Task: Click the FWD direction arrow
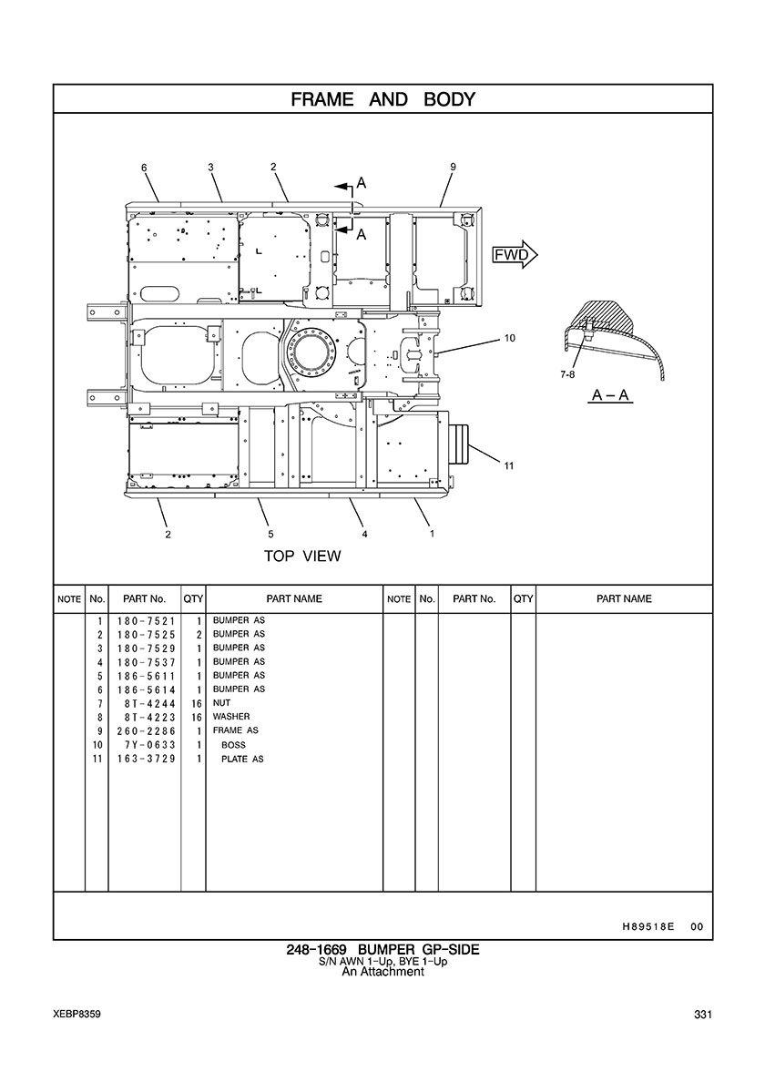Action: (x=515, y=256)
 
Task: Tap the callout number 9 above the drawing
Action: (x=453, y=167)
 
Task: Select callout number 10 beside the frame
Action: (x=510, y=338)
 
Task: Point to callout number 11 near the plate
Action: (x=508, y=465)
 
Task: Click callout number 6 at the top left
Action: (x=144, y=168)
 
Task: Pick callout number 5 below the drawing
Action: (x=271, y=534)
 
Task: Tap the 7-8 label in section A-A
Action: (x=567, y=374)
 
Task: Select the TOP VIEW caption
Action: (x=302, y=556)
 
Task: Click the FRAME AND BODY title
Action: (x=382, y=99)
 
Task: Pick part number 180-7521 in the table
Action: (x=146, y=620)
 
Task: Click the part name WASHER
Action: (x=231, y=717)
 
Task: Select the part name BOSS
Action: (x=233, y=745)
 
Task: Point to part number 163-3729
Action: (x=146, y=759)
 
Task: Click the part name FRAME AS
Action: (x=235, y=730)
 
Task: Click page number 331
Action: (x=703, y=1015)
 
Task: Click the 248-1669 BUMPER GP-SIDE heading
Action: (x=382, y=950)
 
